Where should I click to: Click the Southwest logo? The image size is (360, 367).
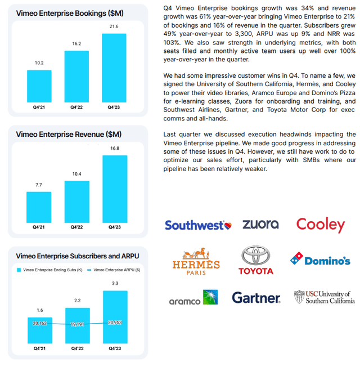pos(197,225)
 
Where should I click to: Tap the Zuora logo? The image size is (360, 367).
pos(260,224)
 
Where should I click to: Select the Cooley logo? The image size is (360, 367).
pos(320,225)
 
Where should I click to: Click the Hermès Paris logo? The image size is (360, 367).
pos(196,261)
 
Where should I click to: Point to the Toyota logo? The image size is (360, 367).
pos(255,261)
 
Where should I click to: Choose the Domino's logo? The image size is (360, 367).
pos(320,259)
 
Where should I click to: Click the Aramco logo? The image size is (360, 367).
pos(193,298)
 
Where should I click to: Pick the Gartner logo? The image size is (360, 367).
pos(256,298)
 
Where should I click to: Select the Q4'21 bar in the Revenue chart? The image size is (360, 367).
pos(38,207)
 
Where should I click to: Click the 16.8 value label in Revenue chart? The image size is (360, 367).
pos(114,148)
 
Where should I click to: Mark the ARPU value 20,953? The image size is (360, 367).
pos(114,321)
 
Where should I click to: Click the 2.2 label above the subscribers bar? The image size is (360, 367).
pos(76,301)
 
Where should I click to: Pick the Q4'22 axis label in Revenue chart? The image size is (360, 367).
pos(76,227)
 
